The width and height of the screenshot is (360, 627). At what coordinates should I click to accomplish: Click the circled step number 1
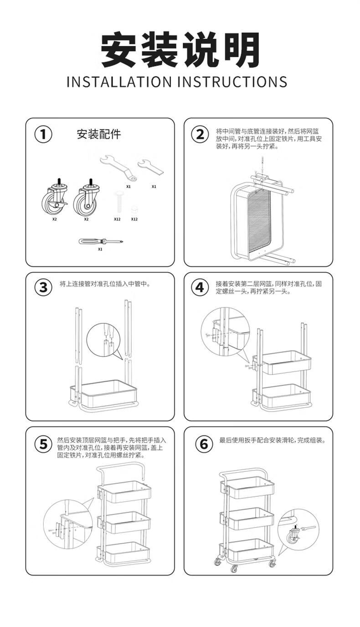pos(43,135)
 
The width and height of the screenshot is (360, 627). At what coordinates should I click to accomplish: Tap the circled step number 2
pos(200,135)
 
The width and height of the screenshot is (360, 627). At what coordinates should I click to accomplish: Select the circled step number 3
pos(43,287)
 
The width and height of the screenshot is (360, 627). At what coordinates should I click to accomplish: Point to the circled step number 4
pos(200,287)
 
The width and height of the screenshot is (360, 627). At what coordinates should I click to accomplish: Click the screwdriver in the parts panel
pos(101,241)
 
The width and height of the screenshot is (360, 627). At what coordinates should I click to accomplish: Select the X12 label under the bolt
pos(117,219)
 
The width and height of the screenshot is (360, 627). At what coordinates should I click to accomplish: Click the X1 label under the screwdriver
pos(100,249)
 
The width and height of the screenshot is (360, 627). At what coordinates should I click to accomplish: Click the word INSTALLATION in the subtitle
pos(119,82)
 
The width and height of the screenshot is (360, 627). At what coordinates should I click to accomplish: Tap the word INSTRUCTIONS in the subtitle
pos(232,82)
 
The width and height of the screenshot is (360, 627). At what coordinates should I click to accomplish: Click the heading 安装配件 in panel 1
pos(99,134)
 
